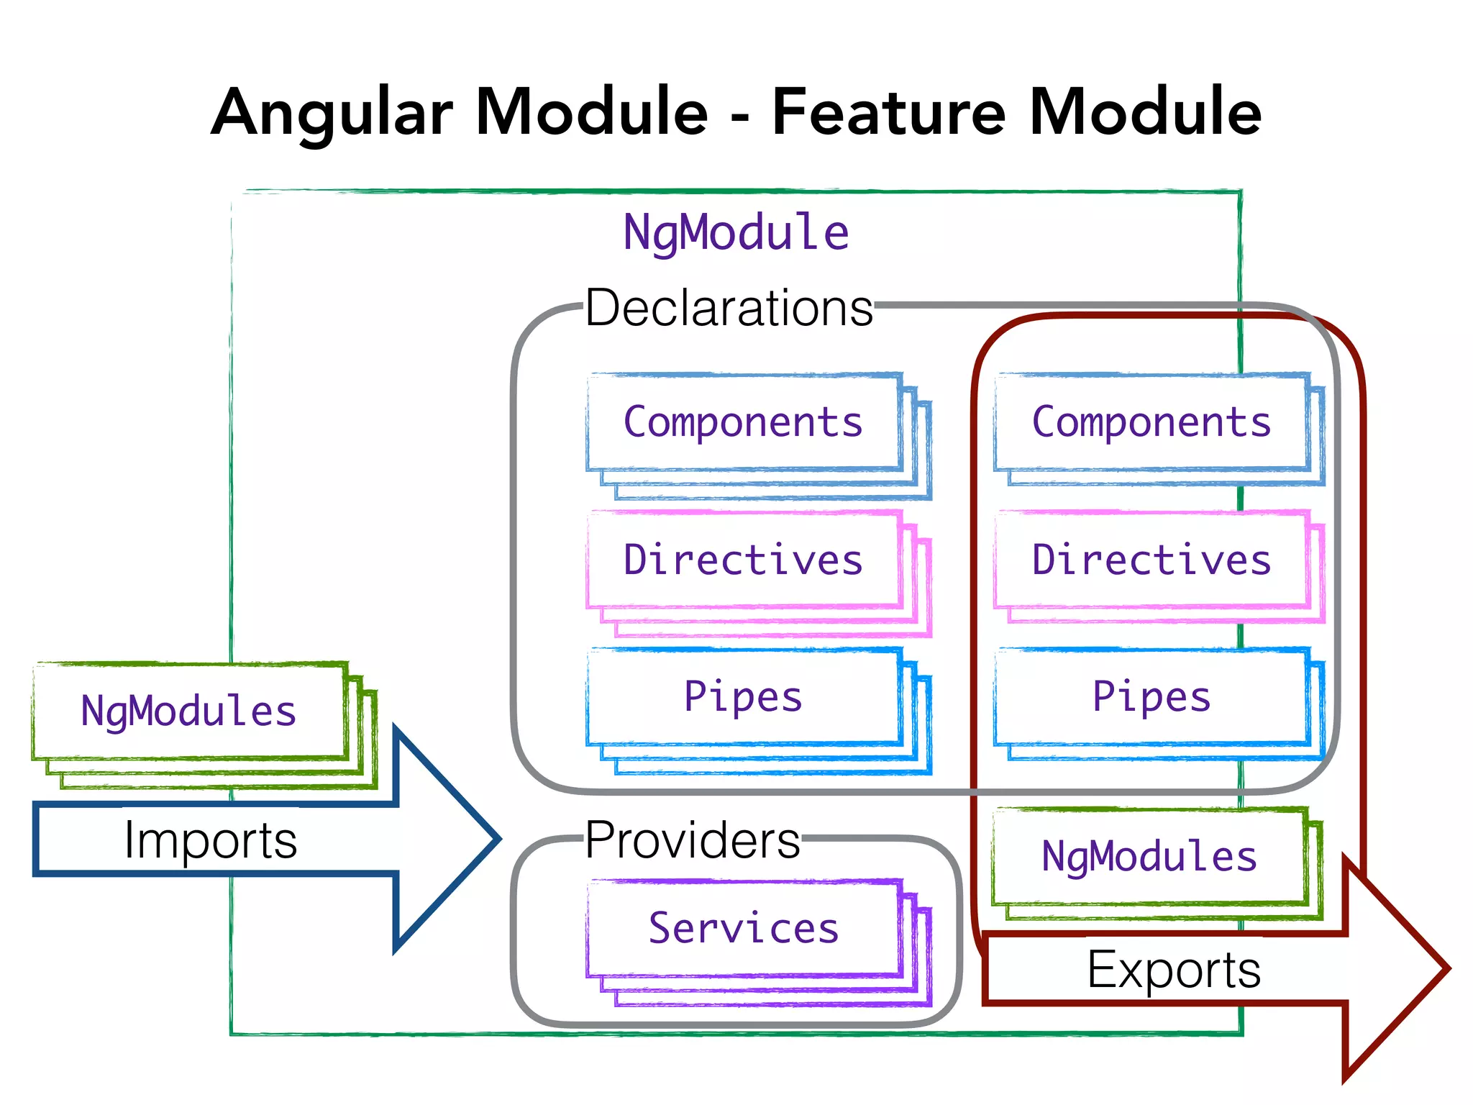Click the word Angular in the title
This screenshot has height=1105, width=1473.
click(x=332, y=113)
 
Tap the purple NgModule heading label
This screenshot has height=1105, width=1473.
click(x=735, y=233)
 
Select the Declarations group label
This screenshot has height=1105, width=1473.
click(x=729, y=309)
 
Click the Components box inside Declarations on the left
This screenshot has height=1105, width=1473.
click(x=744, y=422)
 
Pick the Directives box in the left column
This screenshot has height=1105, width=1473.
click(x=744, y=560)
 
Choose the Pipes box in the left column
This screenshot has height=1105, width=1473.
click(x=744, y=696)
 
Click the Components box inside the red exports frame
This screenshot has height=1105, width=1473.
click(x=1152, y=422)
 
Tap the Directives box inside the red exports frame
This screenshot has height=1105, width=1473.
click(x=1152, y=560)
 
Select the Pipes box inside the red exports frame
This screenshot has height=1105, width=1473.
click(x=1152, y=696)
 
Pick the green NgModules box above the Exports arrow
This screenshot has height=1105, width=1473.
click(x=1149, y=856)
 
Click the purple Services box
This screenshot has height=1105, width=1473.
click(x=744, y=928)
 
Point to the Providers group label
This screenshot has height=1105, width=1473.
click(x=692, y=840)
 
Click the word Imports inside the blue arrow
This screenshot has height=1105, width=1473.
click(x=210, y=840)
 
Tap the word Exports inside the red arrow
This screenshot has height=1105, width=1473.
click(x=1174, y=970)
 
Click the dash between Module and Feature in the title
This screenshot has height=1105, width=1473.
click(x=740, y=117)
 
